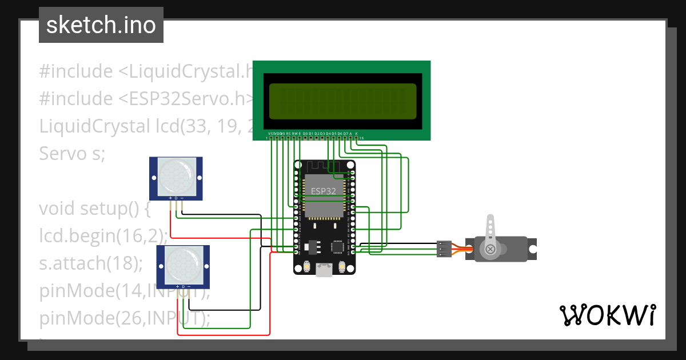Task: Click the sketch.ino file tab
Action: [x=101, y=25]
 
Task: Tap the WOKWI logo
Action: [x=607, y=315]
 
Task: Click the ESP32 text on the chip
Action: [x=323, y=191]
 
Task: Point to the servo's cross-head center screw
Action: [x=490, y=249]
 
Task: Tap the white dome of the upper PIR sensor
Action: [x=176, y=175]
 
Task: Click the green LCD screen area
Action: [x=342, y=101]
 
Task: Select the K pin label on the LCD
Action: [x=357, y=133]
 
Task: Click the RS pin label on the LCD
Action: [x=288, y=133]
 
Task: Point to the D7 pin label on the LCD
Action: [x=346, y=133]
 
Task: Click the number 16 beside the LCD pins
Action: [x=361, y=138]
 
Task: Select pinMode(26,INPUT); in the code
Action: [x=125, y=318]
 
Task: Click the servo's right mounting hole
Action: [x=532, y=250]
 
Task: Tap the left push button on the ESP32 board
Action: [x=307, y=266]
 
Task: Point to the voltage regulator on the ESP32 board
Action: [x=311, y=246]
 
